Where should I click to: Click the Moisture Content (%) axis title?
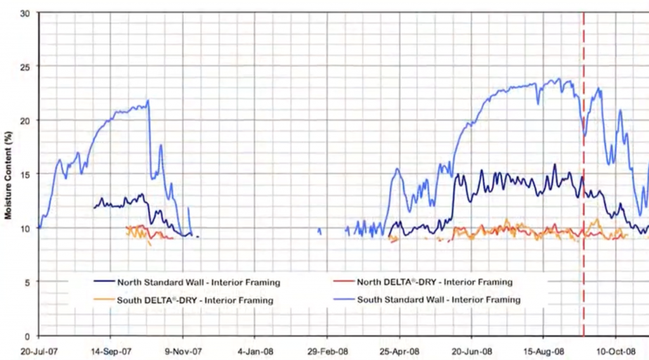9,174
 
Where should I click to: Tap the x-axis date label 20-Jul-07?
38,350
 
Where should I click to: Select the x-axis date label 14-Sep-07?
110,350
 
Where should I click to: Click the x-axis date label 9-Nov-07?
183,350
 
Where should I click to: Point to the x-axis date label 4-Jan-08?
255,350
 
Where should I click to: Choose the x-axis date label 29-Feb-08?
327,350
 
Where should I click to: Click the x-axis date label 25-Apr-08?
399,350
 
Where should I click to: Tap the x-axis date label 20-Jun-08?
472,350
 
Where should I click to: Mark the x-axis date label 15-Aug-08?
544,350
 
